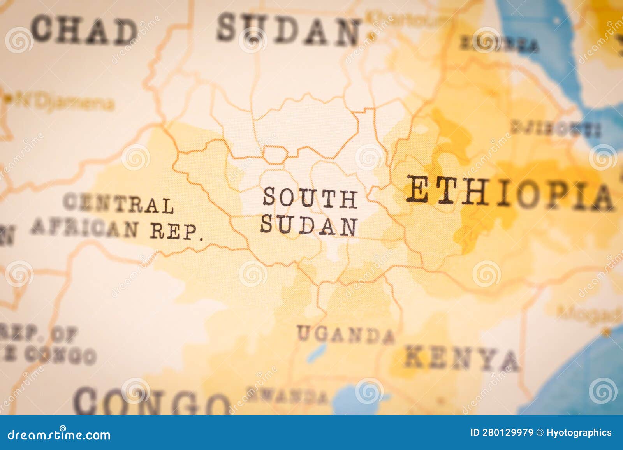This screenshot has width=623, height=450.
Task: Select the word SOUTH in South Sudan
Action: point(310,198)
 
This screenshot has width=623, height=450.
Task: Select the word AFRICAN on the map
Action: point(84,227)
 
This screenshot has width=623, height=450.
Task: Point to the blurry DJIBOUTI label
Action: point(556,128)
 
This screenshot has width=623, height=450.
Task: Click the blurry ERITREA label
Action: point(500,44)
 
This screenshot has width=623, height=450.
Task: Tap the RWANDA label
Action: point(287,396)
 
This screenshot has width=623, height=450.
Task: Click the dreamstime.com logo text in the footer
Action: point(59,434)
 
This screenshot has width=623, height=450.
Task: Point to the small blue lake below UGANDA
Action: point(315,352)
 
